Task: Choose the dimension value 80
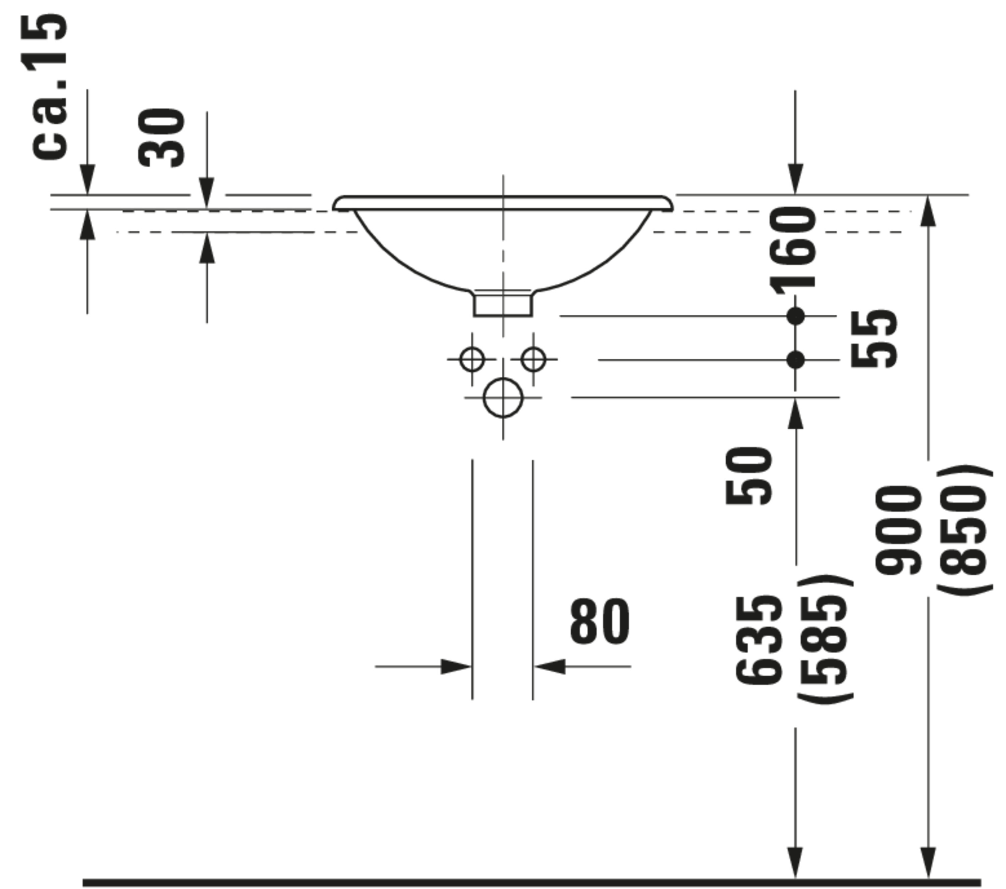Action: point(600,621)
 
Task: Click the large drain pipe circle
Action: point(503,398)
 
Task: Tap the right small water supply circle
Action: point(534,359)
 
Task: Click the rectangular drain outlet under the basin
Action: point(503,305)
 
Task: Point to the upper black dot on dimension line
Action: point(795,316)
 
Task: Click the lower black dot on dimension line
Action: point(795,360)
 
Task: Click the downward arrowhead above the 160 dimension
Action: point(795,180)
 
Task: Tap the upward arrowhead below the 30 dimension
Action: point(207,249)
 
